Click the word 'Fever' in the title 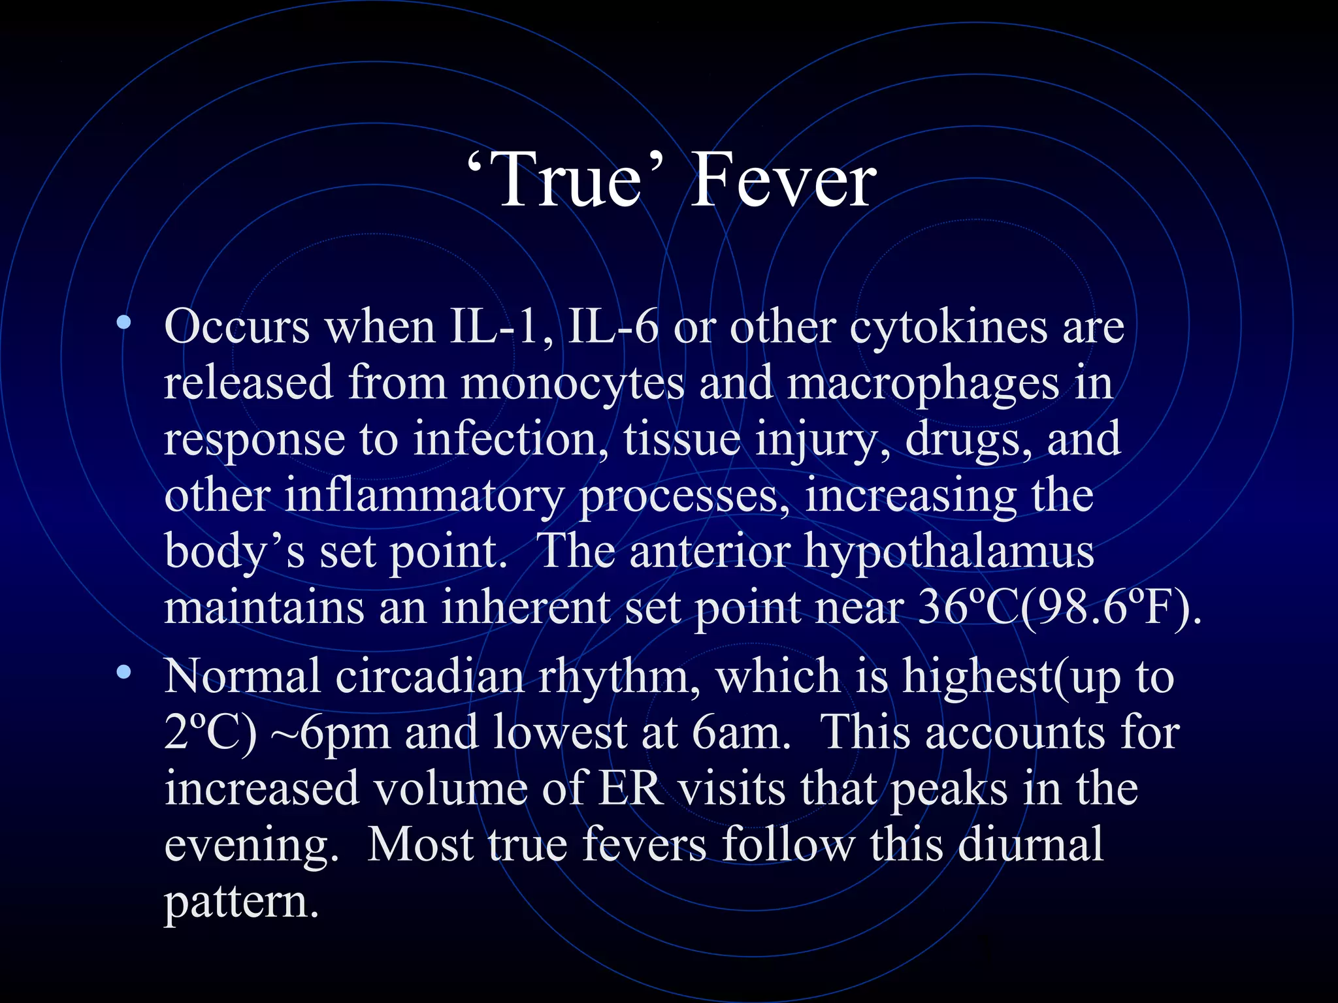point(783,180)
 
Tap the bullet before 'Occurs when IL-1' point(123,322)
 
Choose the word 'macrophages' point(922,384)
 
